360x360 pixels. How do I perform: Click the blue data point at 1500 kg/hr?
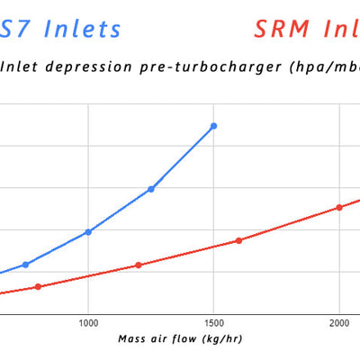click(213, 126)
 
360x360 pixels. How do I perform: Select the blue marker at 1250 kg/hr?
click(151, 189)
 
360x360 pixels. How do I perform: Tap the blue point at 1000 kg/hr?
click(88, 231)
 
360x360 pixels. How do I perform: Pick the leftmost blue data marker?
click(25, 265)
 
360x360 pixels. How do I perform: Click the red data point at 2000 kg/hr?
click(339, 207)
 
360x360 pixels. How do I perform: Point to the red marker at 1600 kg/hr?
click(238, 240)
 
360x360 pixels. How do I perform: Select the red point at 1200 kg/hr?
click(139, 265)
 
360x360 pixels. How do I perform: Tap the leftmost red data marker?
click(38, 286)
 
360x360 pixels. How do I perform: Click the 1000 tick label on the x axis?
click(88, 321)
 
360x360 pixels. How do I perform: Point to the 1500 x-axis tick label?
click(213, 321)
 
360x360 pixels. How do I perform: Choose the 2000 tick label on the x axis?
click(339, 321)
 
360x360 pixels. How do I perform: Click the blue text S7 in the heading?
click(19, 29)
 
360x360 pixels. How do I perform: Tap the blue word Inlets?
click(83, 29)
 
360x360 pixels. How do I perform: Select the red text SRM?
click(283, 29)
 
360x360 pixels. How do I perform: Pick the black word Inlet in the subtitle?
click(22, 66)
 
